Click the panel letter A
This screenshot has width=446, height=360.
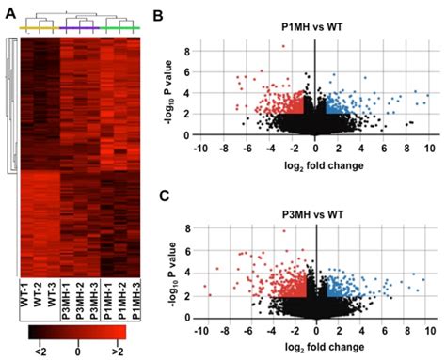click(x=8, y=8)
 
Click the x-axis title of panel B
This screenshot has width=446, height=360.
click(x=314, y=165)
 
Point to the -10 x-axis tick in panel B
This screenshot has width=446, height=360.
click(x=199, y=149)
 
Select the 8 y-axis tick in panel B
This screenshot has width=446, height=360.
click(x=186, y=49)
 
